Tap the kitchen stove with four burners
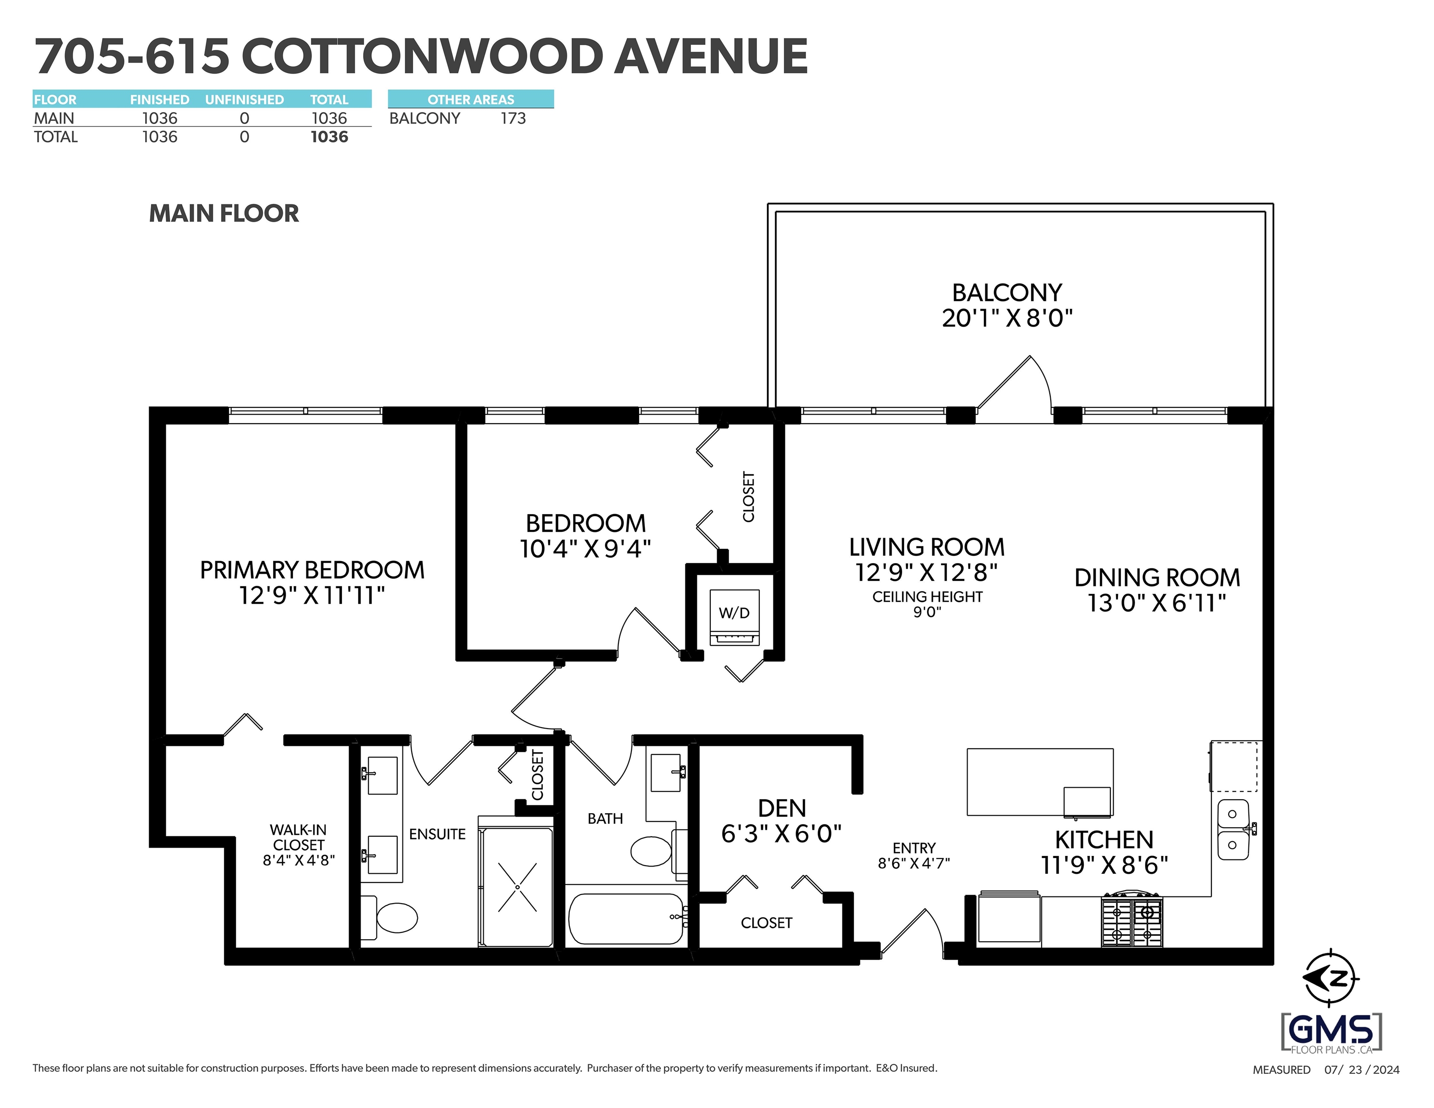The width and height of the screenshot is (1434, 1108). (x=1132, y=919)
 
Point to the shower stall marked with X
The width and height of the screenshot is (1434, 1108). (x=517, y=887)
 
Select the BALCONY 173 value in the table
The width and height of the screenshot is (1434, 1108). (x=513, y=118)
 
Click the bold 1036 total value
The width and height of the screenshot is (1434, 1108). (x=329, y=137)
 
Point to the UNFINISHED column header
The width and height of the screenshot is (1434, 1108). (x=244, y=100)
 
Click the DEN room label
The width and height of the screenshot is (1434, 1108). (x=782, y=808)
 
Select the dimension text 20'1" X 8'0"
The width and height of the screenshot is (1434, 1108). (x=1007, y=318)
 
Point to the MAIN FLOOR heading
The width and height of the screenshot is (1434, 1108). (x=224, y=214)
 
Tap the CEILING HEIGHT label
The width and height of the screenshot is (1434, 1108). (x=927, y=597)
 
